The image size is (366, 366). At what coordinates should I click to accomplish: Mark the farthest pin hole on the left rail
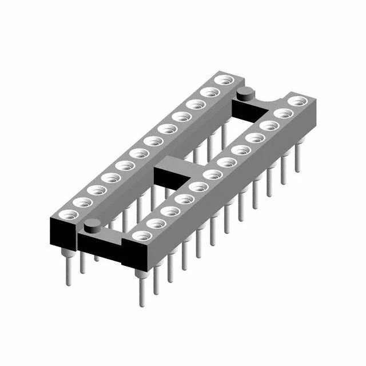[x=224, y=79]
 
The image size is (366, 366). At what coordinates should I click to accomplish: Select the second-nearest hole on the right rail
[x=156, y=223]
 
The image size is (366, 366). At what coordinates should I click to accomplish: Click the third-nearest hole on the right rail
[x=170, y=211]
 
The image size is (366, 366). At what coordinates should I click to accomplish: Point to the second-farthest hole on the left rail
[x=210, y=92]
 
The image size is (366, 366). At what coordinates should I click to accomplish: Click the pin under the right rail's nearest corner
[x=141, y=289]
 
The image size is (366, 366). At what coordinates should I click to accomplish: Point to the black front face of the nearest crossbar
[x=100, y=249]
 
